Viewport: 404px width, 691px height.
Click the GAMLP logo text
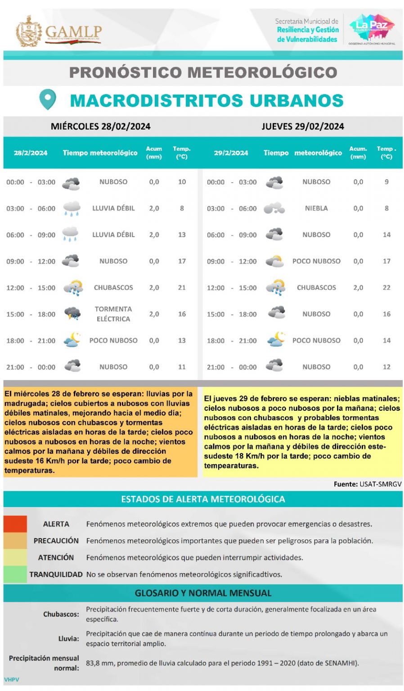[x=73, y=32]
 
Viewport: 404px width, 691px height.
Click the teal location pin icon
[x=48, y=99]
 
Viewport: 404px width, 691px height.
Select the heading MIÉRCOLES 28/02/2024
[x=100, y=126]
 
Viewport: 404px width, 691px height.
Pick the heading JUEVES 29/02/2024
[x=303, y=126]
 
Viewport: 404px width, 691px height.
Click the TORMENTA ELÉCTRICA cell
[x=113, y=314]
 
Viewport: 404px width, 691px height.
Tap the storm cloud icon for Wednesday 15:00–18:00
[x=72, y=314]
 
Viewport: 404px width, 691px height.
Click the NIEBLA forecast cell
[x=316, y=208]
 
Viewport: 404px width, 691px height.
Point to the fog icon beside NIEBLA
[x=274, y=208]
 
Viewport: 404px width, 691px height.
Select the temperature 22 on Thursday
[x=386, y=287]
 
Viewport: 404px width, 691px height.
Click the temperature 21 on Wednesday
[x=182, y=287]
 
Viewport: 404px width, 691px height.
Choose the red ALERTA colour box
[x=15, y=524]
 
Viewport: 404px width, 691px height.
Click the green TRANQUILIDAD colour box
[x=15, y=574]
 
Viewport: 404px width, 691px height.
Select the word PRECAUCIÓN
[x=56, y=541]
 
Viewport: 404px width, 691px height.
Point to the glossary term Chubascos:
[x=61, y=614]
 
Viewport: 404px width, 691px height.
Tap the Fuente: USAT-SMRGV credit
[x=368, y=484]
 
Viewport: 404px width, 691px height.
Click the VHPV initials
[x=12, y=680]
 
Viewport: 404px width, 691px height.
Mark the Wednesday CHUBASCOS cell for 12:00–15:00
[x=113, y=287]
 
